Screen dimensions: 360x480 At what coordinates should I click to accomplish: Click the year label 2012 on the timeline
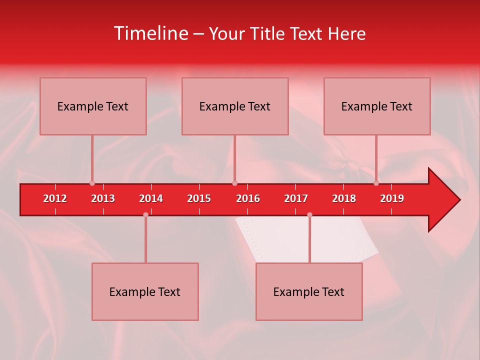point(55,198)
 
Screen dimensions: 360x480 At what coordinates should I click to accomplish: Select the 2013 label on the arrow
point(103,198)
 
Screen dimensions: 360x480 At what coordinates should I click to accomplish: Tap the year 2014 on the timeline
point(151,198)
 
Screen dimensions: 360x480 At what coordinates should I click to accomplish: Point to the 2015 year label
point(199,198)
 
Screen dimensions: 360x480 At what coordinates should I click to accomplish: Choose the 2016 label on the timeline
point(248,198)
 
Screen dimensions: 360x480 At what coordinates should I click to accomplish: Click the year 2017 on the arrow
point(296,198)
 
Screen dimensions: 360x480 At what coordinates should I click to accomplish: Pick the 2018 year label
point(344,198)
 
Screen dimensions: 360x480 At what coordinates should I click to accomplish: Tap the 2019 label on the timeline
point(392,198)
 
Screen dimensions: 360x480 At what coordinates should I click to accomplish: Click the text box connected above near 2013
point(93,106)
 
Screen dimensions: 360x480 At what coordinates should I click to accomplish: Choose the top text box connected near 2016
point(235,106)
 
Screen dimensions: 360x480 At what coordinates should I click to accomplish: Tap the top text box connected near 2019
point(377,106)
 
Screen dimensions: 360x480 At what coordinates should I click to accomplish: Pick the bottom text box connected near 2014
point(145,291)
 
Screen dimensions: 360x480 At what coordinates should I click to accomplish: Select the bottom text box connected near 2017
point(309,291)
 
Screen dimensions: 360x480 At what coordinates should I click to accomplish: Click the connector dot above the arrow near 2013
point(92,183)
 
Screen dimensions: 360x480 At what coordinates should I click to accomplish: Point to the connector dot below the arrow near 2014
point(145,215)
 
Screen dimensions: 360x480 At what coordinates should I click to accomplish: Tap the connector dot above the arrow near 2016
point(235,183)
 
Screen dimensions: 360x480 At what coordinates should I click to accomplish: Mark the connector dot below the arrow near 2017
point(309,215)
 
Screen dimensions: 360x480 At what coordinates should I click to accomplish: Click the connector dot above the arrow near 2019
point(376,183)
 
